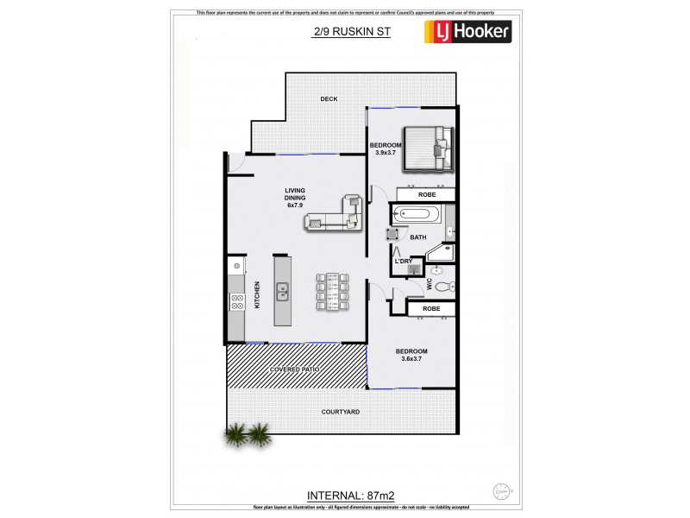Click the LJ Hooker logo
pyautogui.click(x=467, y=33)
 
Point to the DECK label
pyautogui.click(x=329, y=99)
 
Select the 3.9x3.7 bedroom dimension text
pyautogui.click(x=386, y=154)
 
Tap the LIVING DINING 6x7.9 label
pyautogui.click(x=297, y=197)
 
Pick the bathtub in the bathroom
pyautogui.click(x=415, y=214)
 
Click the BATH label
pyautogui.click(x=418, y=237)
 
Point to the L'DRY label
pyautogui.click(x=403, y=261)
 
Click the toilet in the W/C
pyautogui.click(x=442, y=287)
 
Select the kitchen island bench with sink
pyautogui.click(x=282, y=290)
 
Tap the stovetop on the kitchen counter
pyautogui.click(x=236, y=301)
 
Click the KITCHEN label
pyautogui.click(x=257, y=294)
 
